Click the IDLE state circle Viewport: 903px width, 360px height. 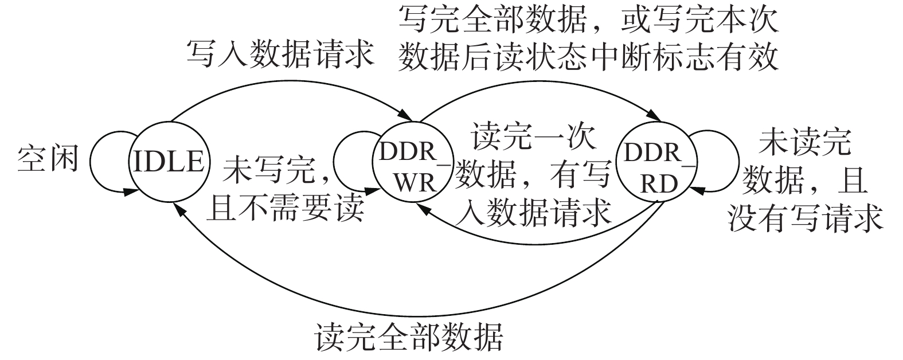tap(167, 162)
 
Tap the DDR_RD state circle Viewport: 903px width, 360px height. tap(652, 162)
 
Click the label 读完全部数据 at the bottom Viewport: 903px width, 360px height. tap(409, 337)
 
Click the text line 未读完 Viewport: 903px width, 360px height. tap(804, 144)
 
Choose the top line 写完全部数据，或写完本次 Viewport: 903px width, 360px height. tap(588, 22)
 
